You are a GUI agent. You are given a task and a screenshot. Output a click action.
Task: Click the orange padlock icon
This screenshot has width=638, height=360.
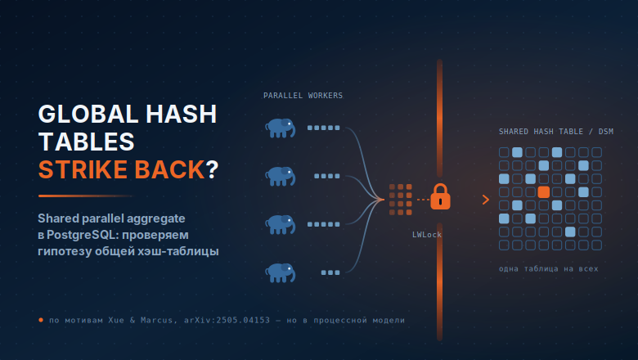coord(440,196)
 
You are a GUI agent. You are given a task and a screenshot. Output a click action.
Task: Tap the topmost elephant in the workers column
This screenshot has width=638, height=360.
coord(281,128)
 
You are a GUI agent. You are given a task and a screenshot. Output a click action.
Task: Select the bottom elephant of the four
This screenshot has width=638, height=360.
coord(281,272)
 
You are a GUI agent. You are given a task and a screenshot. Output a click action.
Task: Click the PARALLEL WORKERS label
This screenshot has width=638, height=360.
coord(303,96)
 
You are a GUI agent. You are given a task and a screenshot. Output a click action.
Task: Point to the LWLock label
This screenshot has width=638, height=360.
coord(427,234)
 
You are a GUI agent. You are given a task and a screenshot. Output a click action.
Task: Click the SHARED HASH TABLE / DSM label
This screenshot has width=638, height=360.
coord(556,132)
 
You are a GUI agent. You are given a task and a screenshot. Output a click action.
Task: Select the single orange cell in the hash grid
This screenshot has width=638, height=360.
coord(544,192)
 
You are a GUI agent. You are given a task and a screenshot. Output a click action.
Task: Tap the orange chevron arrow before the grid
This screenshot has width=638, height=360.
coord(485,200)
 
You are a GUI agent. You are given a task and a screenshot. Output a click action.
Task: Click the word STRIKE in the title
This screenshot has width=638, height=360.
coord(83,169)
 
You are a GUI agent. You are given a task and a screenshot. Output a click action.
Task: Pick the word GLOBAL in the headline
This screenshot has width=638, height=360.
coord(88,114)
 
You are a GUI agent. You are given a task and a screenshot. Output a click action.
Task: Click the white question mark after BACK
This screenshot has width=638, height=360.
coord(213,169)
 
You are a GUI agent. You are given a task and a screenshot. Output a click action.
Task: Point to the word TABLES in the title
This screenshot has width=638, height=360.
coord(86,142)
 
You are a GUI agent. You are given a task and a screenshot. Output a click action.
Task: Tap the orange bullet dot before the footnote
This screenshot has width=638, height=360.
coord(41,320)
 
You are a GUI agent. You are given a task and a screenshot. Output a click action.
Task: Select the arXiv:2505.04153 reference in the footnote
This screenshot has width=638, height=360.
coord(227,320)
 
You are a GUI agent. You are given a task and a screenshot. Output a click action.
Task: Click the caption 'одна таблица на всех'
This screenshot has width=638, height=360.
coord(549,268)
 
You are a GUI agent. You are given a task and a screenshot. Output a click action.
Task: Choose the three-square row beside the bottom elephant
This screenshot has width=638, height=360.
coord(330,272)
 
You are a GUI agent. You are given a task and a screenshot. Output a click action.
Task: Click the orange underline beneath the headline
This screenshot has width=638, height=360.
coord(85,196)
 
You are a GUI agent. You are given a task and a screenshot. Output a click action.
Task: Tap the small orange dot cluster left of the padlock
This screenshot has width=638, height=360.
coord(401,200)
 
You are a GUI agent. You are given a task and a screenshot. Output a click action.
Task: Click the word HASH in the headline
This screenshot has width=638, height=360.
coord(182,114)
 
